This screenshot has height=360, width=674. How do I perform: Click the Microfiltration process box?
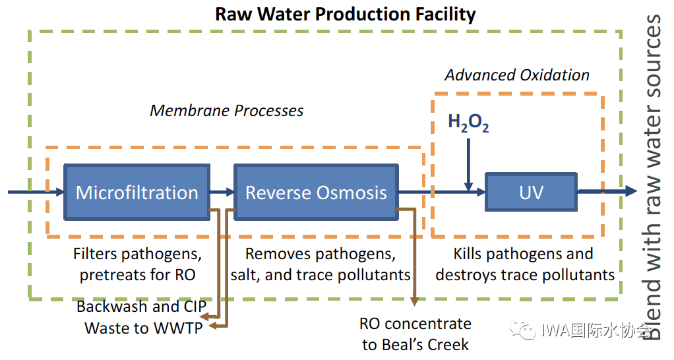click(137, 193)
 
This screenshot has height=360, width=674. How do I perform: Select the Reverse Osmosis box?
click(316, 193)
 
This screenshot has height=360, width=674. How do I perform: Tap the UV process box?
click(531, 192)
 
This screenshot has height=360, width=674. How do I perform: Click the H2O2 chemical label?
click(468, 123)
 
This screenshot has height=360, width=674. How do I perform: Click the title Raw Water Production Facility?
click(345, 14)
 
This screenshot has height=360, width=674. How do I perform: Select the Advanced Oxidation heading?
click(517, 75)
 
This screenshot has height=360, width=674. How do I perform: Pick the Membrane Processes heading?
click(227, 110)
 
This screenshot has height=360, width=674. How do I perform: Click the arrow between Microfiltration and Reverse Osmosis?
click(222, 193)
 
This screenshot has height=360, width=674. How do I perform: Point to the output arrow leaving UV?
click(607, 191)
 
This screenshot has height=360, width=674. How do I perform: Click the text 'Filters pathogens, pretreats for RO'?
click(137, 264)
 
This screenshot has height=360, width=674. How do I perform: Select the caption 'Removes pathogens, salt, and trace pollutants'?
click(321, 264)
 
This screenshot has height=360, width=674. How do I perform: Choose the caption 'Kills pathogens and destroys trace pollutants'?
click(525, 264)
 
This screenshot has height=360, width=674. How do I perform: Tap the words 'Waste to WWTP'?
click(142, 328)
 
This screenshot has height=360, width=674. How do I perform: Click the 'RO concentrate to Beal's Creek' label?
click(415, 334)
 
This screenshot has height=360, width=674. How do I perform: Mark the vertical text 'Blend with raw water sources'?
click(652, 178)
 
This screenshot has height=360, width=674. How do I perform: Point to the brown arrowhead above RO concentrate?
click(414, 301)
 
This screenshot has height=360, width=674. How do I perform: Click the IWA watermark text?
click(594, 331)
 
